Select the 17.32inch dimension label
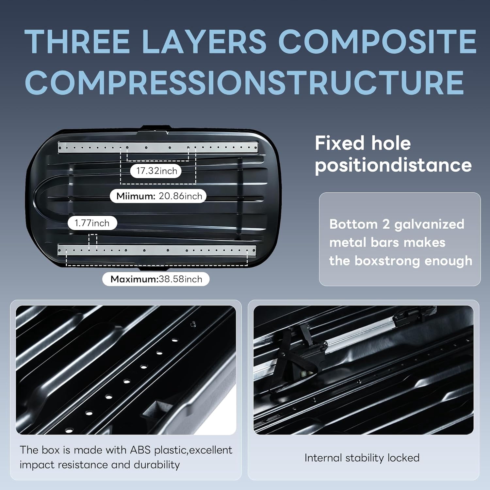click(x=156, y=171)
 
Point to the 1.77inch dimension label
click(x=92, y=223)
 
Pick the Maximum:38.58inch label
click(x=156, y=279)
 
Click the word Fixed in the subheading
click(x=340, y=143)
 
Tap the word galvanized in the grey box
click(x=429, y=224)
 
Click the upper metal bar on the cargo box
click(x=158, y=148)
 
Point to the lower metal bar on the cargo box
click(x=156, y=251)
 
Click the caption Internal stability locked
click(x=362, y=458)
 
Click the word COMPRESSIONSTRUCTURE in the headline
click(x=244, y=82)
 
